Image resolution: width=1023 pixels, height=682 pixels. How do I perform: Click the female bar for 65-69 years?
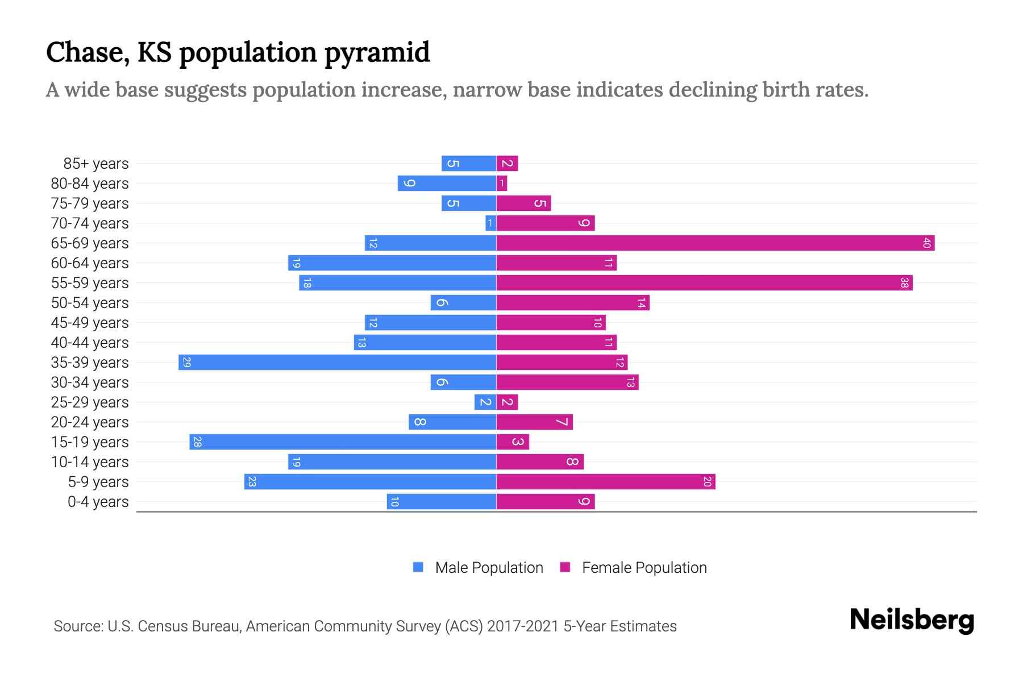[x=715, y=243]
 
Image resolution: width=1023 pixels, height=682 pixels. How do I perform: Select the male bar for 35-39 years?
[x=338, y=363]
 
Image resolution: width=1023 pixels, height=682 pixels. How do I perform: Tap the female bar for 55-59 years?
[x=704, y=283]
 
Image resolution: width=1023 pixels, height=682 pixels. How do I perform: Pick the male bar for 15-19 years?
[x=343, y=442]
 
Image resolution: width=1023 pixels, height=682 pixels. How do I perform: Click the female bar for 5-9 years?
[x=606, y=482]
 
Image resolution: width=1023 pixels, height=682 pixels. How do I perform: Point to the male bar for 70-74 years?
[x=491, y=223]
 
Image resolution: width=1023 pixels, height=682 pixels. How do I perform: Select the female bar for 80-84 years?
[x=502, y=184]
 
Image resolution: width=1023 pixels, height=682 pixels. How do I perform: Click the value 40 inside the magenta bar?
[x=926, y=243]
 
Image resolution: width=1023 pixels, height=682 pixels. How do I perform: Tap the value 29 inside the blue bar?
[x=186, y=363]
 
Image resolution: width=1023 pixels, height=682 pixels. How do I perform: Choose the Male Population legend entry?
[x=489, y=568]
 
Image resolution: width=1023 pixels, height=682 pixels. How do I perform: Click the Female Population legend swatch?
[x=565, y=567]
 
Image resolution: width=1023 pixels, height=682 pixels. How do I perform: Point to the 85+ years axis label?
[x=96, y=164]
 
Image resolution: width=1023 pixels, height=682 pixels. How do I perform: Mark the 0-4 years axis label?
[x=98, y=502]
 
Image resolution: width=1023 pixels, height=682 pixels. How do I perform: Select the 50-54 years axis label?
[x=90, y=303]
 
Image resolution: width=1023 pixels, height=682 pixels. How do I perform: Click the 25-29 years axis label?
[x=90, y=402]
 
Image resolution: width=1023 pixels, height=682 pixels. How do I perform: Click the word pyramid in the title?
[x=377, y=53]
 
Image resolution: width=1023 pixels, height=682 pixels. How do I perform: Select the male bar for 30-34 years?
[x=464, y=382]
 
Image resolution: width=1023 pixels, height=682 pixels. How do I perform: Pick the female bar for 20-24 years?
[x=534, y=422]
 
